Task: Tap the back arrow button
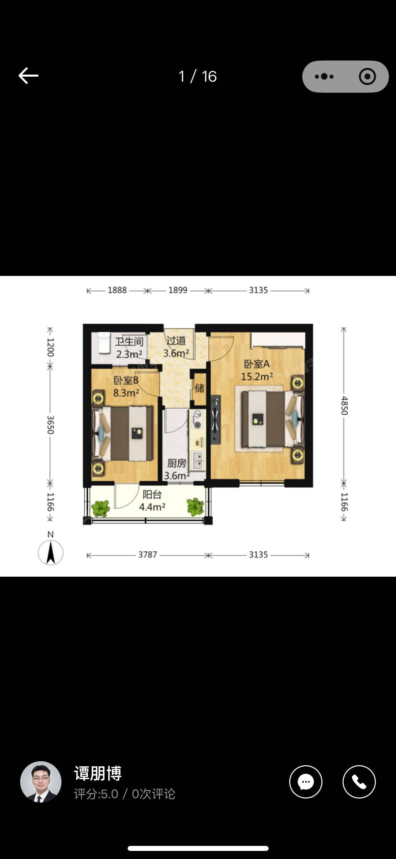pos(28,76)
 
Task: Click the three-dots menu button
pos(324,77)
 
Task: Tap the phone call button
pos(359,782)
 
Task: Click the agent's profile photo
pos(41,782)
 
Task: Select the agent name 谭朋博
pos(98,773)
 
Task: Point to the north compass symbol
pos(50,549)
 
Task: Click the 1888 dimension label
pos(117,290)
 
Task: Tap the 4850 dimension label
pos(344,405)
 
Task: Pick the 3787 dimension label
pos(148,555)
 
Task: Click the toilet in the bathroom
pos(104,343)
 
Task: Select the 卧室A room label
pos(257,364)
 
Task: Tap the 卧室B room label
pos(126,380)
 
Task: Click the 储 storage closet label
pos(200,388)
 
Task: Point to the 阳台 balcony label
pos(152,494)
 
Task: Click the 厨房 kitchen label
pos(177,463)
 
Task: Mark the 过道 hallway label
pos(176,340)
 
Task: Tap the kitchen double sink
pos(197,460)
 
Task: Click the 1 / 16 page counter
pos(198,77)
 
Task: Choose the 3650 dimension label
pos(50,425)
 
